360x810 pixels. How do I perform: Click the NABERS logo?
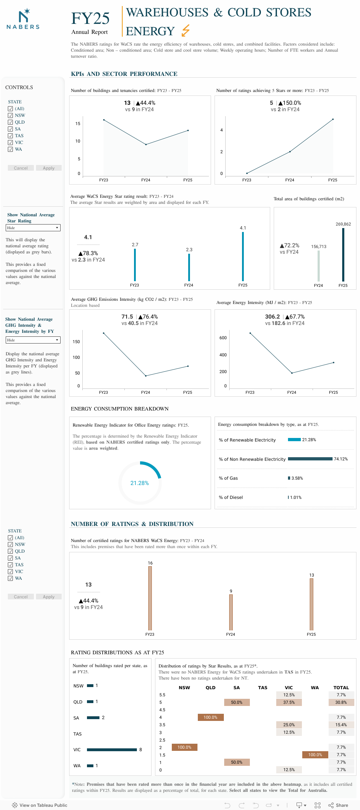point(23,19)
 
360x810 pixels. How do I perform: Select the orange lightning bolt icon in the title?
point(185,31)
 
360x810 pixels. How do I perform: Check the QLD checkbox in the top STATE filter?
point(10,122)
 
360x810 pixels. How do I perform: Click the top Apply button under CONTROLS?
point(49,168)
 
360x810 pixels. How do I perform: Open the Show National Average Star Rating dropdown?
point(33,228)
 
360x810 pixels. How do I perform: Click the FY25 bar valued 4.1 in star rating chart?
point(243,257)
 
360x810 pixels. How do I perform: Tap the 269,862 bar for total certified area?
point(343,254)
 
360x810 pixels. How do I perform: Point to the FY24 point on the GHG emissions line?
point(146,376)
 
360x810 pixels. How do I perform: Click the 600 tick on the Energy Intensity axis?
point(223,338)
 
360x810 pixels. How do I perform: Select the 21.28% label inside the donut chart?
point(140,483)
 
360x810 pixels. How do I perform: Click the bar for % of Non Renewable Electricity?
point(310,459)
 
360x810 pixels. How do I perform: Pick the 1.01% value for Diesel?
point(296,497)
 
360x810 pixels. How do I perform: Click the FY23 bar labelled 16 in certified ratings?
point(150,598)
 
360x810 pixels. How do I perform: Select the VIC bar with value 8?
point(112,750)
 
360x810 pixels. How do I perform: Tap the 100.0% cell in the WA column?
point(315,755)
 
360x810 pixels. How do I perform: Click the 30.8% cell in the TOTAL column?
point(341,702)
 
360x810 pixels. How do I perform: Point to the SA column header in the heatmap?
point(237,688)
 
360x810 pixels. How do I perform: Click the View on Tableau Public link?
point(40,805)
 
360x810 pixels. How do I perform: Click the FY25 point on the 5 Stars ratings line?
point(333,119)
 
